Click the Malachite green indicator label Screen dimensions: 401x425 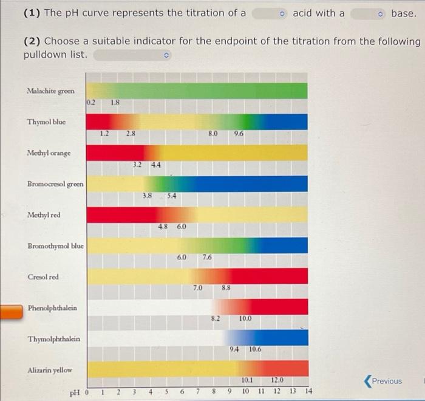50,91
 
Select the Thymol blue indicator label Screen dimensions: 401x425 46,122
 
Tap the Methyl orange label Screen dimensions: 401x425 49,153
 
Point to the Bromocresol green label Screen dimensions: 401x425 55,184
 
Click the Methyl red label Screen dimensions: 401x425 44,215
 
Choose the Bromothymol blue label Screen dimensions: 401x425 55,246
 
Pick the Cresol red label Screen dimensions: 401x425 43,277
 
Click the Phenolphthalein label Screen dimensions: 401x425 52,308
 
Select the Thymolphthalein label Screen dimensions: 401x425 53,339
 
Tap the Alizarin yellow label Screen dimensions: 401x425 49,370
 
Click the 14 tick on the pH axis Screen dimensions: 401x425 308,392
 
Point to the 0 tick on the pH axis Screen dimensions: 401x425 87,392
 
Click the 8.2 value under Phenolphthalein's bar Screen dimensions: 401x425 216,318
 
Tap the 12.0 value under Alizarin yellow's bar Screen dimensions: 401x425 277,380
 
